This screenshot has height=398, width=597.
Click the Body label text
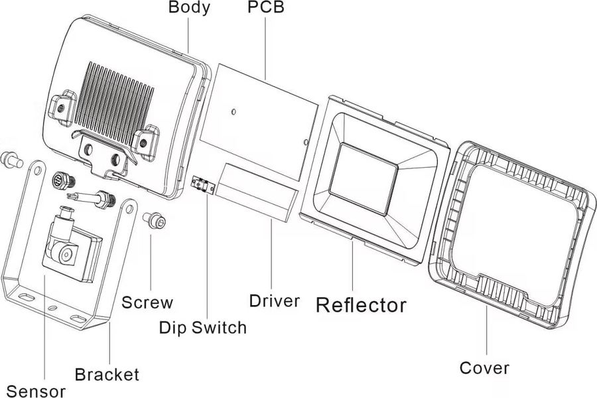189,8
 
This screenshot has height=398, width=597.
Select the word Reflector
361,305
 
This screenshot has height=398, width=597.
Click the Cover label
485,367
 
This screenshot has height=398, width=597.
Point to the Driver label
274,300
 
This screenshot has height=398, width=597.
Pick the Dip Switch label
202,327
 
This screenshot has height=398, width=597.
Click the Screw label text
147,302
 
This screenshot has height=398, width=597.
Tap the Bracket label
107,374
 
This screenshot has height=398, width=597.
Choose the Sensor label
36,390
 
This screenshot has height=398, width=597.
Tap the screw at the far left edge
11,159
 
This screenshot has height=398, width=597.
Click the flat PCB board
262,113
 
